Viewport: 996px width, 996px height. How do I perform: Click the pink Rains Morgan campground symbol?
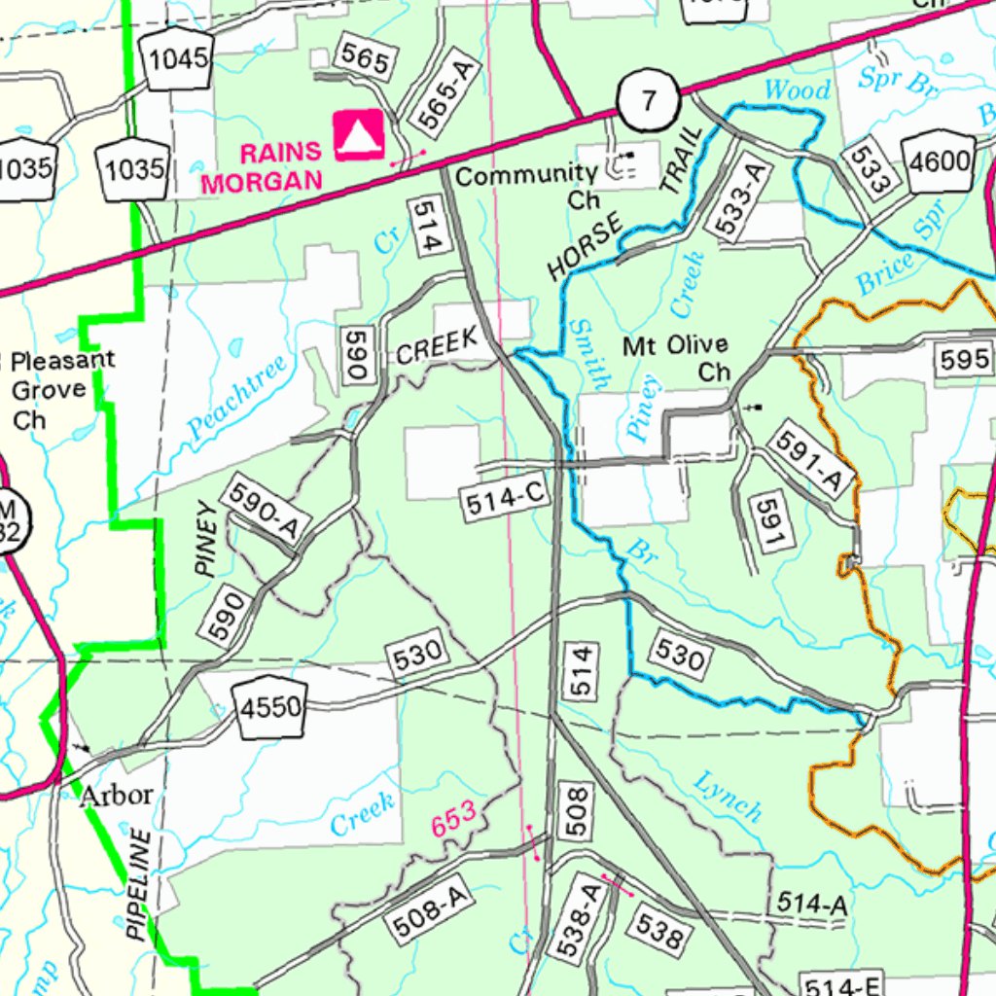pyautogui.click(x=359, y=135)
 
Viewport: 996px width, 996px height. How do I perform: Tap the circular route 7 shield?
pyautogui.click(x=647, y=101)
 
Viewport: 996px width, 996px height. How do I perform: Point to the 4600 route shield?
pyautogui.click(x=939, y=161)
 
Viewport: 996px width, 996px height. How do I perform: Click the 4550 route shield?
pyautogui.click(x=270, y=708)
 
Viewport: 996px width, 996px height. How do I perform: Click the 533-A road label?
pyautogui.click(x=741, y=199)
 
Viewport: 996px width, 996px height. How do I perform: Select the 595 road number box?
pyautogui.click(x=965, y=360)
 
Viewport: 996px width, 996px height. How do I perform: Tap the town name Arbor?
pyautogui.click(x=116, y=795)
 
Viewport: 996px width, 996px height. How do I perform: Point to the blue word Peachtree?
pyautogui.click(x=238, y=396)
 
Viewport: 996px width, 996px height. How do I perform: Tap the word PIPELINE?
pyautogui.click(x=140, y=884)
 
